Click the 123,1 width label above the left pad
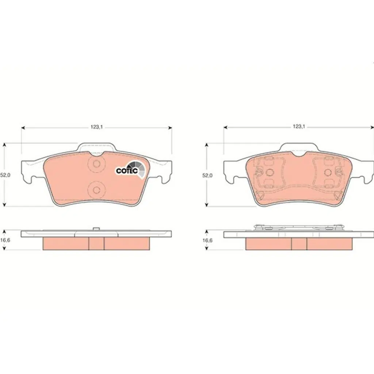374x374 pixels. (96, 127)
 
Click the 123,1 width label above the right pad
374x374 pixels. (298, 127)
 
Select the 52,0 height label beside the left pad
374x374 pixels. (4, 175)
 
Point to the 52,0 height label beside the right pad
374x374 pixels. (207, 175)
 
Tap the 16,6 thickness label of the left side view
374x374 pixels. (4, 240)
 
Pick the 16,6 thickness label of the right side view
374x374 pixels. (207, 240)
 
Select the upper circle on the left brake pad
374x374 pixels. (97, 164)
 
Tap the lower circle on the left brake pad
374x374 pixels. (97, 189)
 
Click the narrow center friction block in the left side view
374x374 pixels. (96, 244)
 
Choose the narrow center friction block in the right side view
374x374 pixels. (299, 244)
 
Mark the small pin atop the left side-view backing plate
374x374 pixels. (96, 229)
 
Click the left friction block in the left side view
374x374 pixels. (66, 244)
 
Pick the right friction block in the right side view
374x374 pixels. (330, 244)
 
